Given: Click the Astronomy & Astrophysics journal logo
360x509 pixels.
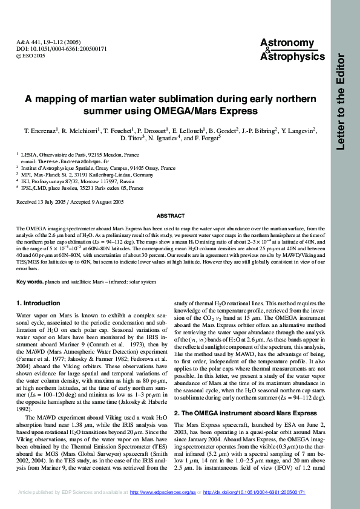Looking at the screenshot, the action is point(287,50).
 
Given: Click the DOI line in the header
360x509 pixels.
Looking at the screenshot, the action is point(53,48).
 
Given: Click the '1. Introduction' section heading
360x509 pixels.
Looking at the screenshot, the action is point(39,302).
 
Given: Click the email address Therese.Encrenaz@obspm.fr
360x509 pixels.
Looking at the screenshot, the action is point(65,162).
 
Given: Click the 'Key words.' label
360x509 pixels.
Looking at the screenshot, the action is point(29,282).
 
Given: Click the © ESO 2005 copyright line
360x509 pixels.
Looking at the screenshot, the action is point(31,55).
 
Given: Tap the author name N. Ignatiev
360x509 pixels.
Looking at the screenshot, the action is point(168,138).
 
